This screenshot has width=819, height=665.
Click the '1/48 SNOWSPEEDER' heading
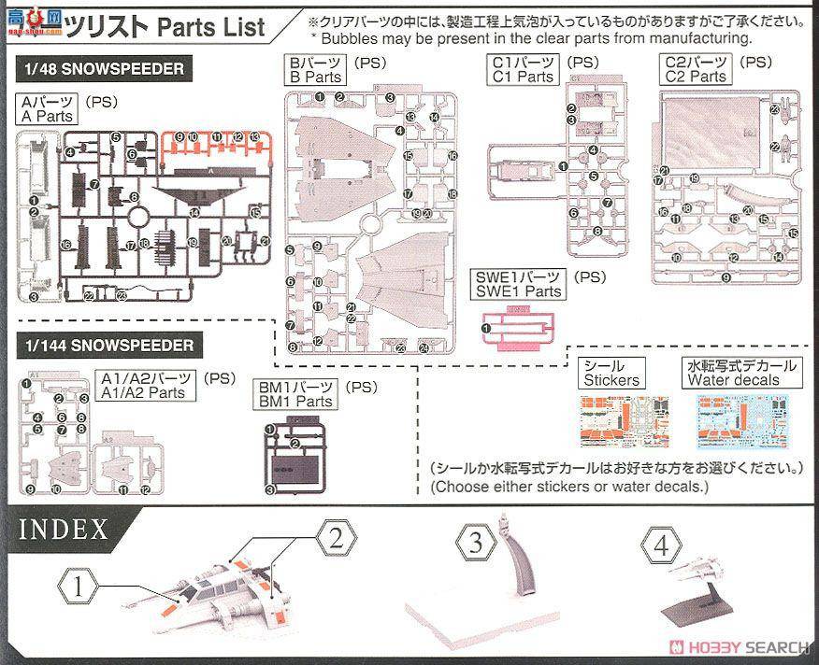point(101,68)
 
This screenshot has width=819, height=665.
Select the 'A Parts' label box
point(47,109)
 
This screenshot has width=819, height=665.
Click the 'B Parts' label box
point(314,71)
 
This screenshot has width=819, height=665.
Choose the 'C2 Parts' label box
point(696,71)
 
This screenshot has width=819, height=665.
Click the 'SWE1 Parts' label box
point(518,284)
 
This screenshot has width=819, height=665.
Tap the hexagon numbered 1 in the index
point(81,587)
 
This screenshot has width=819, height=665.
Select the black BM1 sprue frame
point(291,461)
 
